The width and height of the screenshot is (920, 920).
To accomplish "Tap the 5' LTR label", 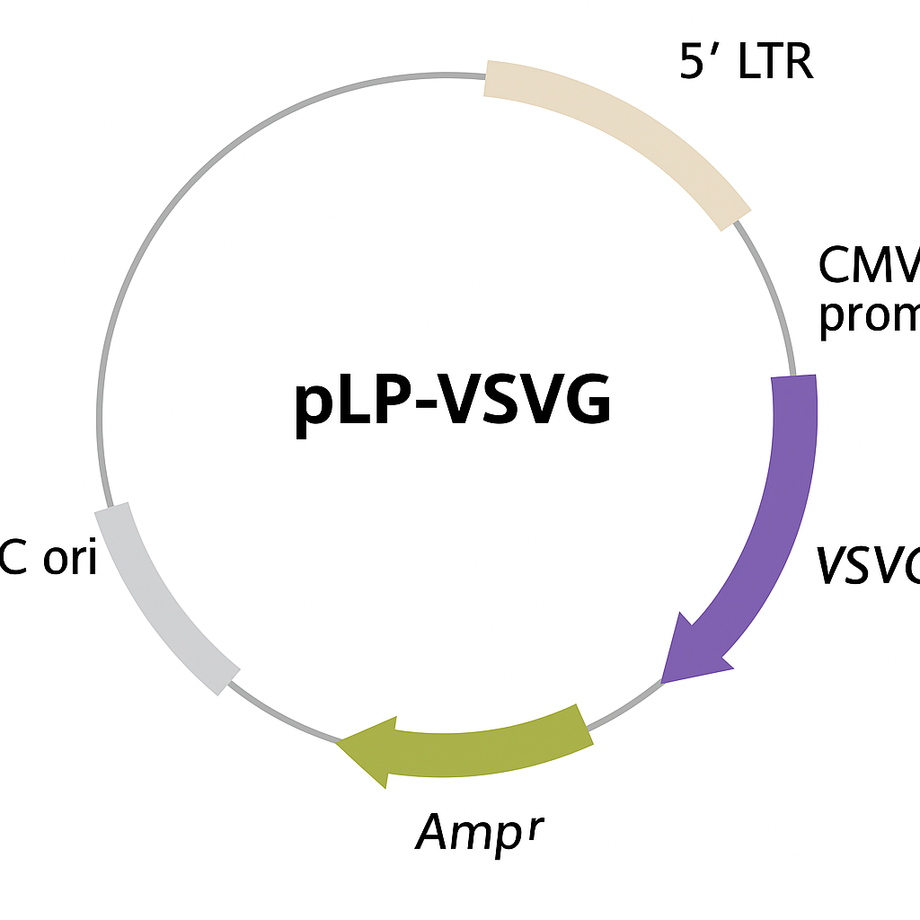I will tap(746, 62).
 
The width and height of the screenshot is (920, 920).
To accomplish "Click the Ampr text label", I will tap(480, 830).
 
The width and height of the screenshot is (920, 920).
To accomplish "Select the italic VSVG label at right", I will tap(868, 566).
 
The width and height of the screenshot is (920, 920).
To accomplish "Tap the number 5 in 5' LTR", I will tap(692, 62).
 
